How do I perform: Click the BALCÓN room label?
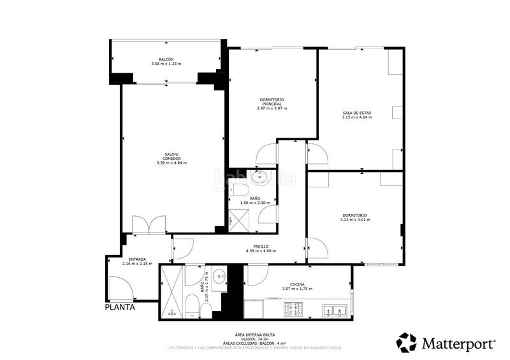point(166,59)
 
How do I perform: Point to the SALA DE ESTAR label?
point(356,113)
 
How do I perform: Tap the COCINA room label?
point(297,284)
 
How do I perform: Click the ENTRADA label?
point(137,259)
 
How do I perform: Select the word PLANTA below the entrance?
point(120,307)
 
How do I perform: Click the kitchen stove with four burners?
point(293,310)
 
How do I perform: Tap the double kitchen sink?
point(334,311)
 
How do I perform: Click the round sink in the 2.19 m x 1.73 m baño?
point(219,277)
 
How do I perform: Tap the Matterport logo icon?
point(407,343)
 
